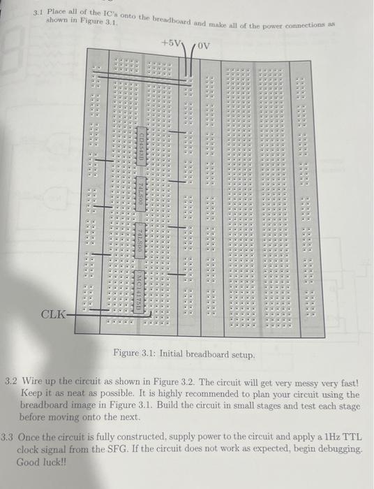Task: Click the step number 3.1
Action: tap(40, 13)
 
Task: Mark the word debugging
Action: tap(340, 450)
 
